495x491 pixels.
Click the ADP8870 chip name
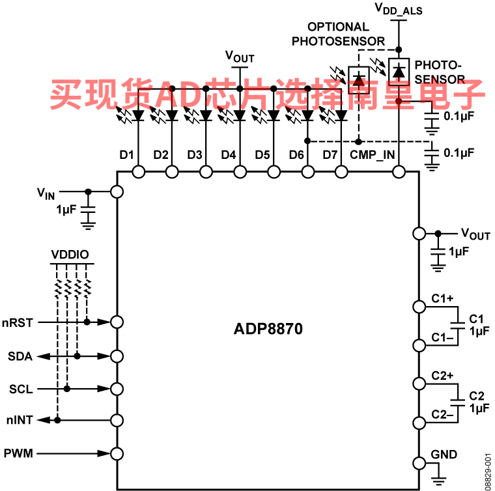click(x=268, y=329)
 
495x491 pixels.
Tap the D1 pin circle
click(x=138, y=172)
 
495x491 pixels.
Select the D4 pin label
click(x=229, y=155)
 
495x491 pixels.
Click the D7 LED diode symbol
click(x=341, y=115)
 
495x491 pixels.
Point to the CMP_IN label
click(x=372, y=155)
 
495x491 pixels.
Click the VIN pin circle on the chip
click(x=117, y=191)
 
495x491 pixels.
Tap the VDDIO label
click(x=70, y=255)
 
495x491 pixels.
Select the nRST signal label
click(x=18, y=323)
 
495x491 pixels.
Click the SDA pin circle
click(x=117, y=356)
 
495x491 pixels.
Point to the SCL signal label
click(x=21, y=389)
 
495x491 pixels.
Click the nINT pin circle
click(x=117, y=420)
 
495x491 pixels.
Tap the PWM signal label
click(x=18, y=453)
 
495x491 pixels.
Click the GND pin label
click(x=444, y=455)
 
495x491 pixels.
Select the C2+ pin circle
click(x=419, y=384)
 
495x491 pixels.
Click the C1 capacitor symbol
click(x=457, y=326)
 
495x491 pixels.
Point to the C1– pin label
click(x=443, y=337)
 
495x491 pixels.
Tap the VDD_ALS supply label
click(x=399, y=9)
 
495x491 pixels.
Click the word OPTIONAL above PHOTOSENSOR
click(x=338, y=27)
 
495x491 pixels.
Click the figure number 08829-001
click(x=488, y=471)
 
